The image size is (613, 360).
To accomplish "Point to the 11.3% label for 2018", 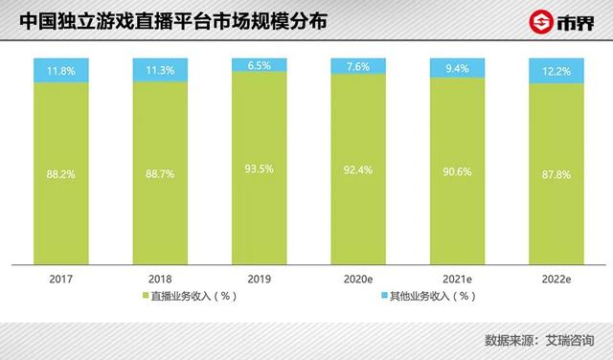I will click(x=159, y=69).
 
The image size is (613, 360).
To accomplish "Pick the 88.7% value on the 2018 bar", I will click(x=159, y=175).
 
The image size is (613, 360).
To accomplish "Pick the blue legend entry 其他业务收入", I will click(x=431, y=296).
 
